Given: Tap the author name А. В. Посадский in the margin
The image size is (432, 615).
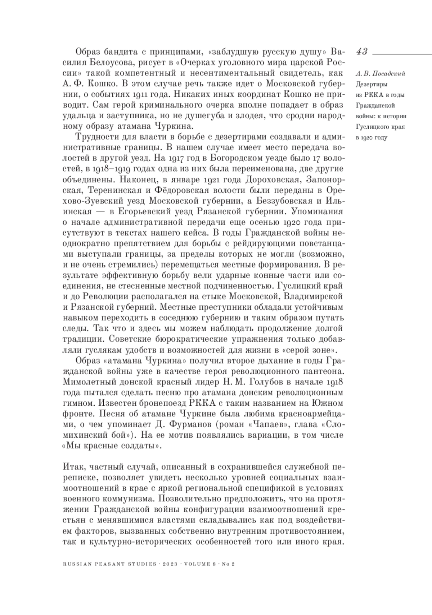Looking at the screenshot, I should coord(380,74).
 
